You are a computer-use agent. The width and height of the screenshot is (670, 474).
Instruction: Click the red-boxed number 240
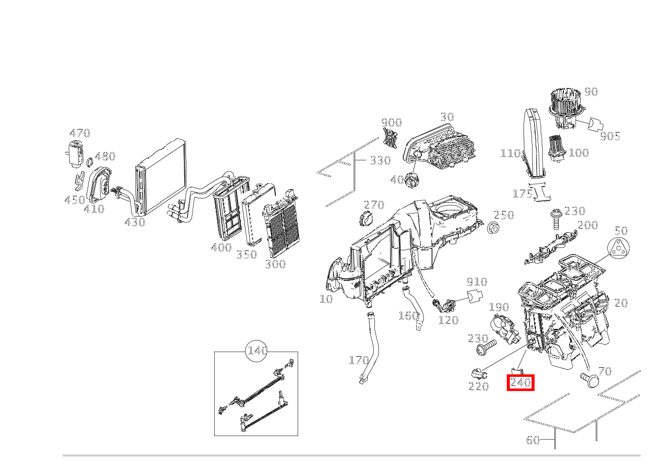click(x=520, y=383)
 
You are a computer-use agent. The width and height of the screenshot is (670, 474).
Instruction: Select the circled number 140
click(x=257, y=351)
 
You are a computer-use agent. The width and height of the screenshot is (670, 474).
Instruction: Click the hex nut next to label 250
click(x=494, y=228)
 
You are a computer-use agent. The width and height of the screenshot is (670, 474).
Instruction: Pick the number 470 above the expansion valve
click(x=80, y=133)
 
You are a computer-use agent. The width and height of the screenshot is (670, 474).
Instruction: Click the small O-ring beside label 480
click(x=89, y=162)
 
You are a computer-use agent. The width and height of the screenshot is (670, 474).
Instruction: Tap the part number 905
click(x=610, y=136)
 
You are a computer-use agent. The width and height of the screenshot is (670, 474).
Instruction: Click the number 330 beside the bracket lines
click(x=380, y=161)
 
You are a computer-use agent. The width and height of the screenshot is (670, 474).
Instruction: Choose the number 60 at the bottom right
click(x=533, y=440)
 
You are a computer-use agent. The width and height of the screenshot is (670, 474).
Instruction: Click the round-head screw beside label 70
click(x=589, y=379)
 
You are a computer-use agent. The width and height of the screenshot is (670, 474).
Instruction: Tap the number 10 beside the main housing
click(x=326, y=299)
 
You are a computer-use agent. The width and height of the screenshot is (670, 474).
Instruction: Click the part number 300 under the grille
click(x=275, y=264)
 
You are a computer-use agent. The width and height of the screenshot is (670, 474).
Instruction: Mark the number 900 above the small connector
click(x=391, y=122)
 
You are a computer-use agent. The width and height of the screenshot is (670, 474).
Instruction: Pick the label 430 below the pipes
click(x=134, y=222)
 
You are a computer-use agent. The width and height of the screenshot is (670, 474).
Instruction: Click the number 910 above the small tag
click(x=476, y=282)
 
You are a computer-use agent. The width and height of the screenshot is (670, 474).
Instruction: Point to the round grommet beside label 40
click(x=413, y=179)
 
